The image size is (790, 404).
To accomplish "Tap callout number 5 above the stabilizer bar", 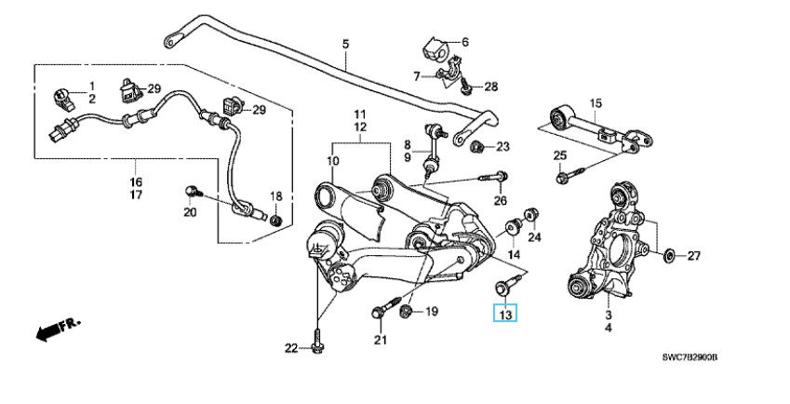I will click(x=345, y=44).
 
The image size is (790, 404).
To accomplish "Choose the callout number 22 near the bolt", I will click(x=291, y=348).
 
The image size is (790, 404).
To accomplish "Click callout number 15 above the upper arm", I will click(x=596, y=102).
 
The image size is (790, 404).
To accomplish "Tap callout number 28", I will click(x=490, y=88).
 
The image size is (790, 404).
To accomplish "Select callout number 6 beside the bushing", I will click(x=464, y=42).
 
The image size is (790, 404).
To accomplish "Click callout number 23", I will click(x=502, y=146).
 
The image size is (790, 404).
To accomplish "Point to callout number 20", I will click(x=190, y=212).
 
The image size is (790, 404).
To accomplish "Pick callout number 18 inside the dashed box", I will click(x=275, y=196).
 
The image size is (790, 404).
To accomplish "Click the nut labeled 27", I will click(x=670, y=254).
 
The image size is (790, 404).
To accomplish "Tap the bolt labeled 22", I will click(x=317, y=343).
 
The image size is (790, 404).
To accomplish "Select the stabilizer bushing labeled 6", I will click(x=435, y=45).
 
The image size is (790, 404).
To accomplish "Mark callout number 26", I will click(x=500, y=199).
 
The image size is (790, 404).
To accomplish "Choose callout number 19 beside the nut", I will click(x=431, y=312).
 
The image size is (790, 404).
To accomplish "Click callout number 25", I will click(x=560, y=155).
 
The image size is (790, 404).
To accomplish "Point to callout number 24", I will click(x=534, y=237).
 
